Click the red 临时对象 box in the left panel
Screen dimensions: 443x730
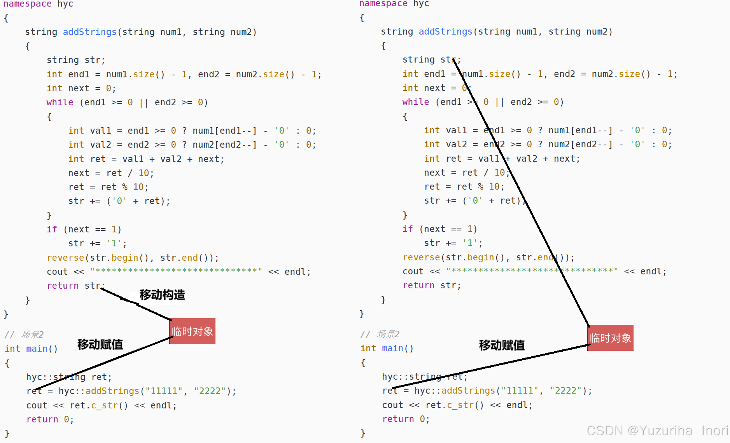pyautogui.click(x=192, y=331)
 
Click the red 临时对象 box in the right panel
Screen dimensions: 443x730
pyautogui.click(x=610, y=338)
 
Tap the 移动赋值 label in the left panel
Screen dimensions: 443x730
pyautogui.click(x=100, y=344)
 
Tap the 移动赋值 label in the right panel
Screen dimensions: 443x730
pyautogui.click(x=502, y=345)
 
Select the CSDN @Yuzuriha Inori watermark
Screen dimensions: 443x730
pyautogui.click(x=657, y=431)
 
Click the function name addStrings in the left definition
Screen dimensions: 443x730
pyautogui.click(x=89, y=32)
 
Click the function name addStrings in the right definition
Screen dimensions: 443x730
pyautogui.click(x=445, y=31)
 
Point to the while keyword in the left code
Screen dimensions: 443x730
pyautogui.click(x=60, y=102)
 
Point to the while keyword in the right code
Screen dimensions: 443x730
pyautogui.click(x=415, y=102)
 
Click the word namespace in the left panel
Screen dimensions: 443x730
pyautogui.click(x=27, y=4)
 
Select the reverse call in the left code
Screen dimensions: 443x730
pyautogui.click(x=65, y=258)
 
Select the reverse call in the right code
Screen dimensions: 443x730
pyautogui.click(x=421, y=257)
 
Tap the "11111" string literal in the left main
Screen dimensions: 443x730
pyautogui.click(x=164, y=391)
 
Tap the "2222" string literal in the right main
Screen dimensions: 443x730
pyautogui.click(x=565, y=391)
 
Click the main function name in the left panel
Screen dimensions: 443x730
pyautogui.click(x=37, y=349)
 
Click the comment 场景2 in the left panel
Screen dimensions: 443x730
pyautogui.click(x=32, y=335)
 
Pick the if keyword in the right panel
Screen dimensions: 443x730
pyautogui.click(x=407, y=229)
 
